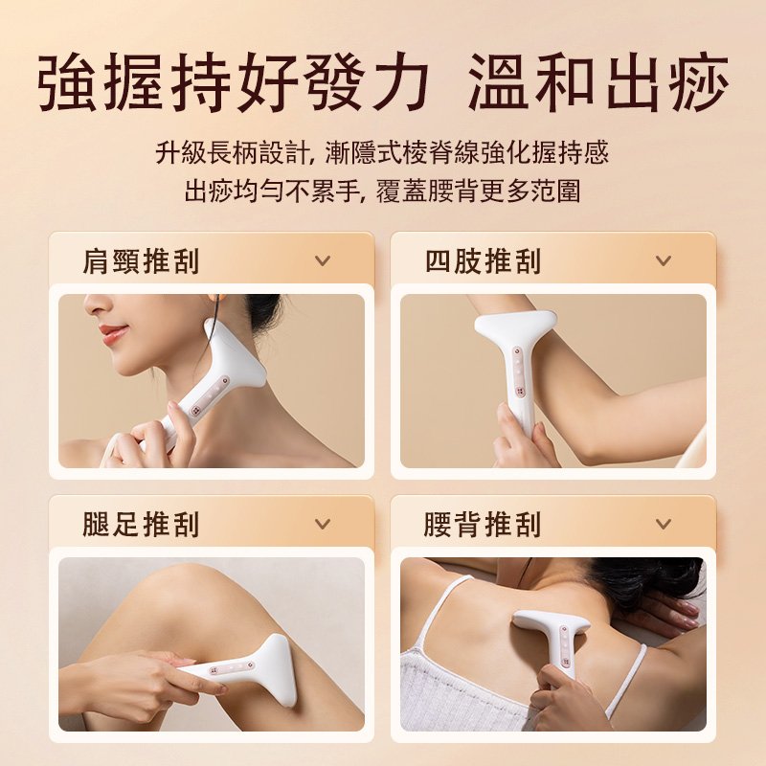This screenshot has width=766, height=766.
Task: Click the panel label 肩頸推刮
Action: pos(141,260)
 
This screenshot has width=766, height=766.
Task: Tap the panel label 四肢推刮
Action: pos(484,260)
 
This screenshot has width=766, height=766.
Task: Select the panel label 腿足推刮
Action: pos(141,524)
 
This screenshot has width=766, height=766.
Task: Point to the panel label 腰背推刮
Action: pos(484,524)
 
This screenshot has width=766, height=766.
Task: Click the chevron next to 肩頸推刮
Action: pos(323,260)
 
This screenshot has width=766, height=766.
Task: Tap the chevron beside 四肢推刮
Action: pos(663,260)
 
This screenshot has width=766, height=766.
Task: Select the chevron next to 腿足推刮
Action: pos(323,524)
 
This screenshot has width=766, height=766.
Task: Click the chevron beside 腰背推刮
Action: pos(663,524)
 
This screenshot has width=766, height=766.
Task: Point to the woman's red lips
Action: pos(113,334)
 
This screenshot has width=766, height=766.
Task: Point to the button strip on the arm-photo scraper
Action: pos(518,372)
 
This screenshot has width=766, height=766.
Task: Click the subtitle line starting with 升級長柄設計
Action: pos(382,152)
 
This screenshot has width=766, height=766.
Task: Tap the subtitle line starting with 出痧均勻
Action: pos(382,190)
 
